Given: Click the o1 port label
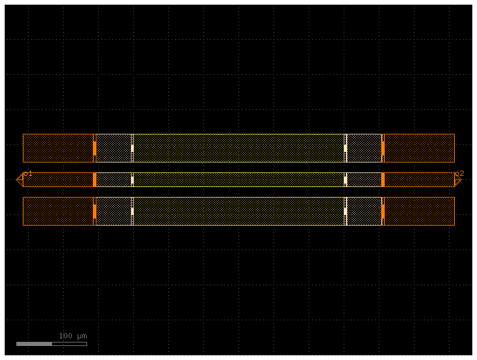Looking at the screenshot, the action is tap(28, 174).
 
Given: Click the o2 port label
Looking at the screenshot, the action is tap(459, 174).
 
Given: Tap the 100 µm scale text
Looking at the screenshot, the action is tap(72, 336).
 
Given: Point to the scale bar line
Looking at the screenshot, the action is tap(51, 344).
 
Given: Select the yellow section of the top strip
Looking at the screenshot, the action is tap(239, 148).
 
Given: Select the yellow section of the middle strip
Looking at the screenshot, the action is tap(239, 179).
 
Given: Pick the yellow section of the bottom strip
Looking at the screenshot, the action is tap(239, 212).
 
